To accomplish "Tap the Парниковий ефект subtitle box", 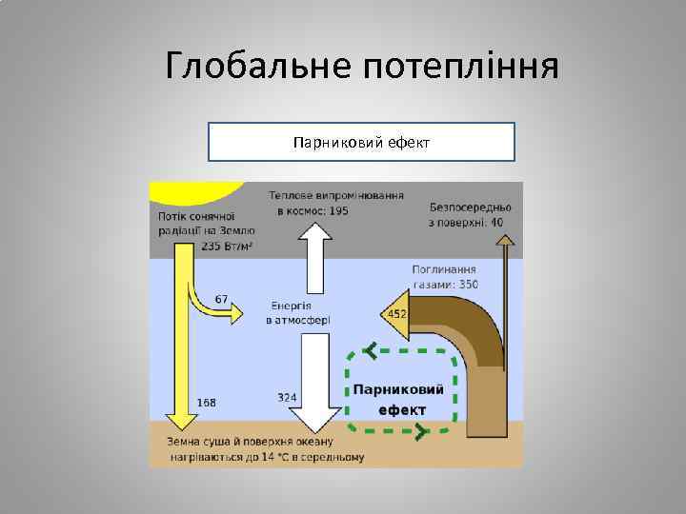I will click(361, 142).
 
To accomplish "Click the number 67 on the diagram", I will click(222, 299).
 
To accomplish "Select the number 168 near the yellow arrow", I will click(206, 402).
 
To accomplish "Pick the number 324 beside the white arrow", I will click(287, 396).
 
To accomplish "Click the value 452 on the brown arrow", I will click(397, 314).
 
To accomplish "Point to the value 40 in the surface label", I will click(498, 222).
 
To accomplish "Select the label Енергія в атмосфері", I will click(298, 313).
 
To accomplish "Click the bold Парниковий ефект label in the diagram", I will click(399, 400).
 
